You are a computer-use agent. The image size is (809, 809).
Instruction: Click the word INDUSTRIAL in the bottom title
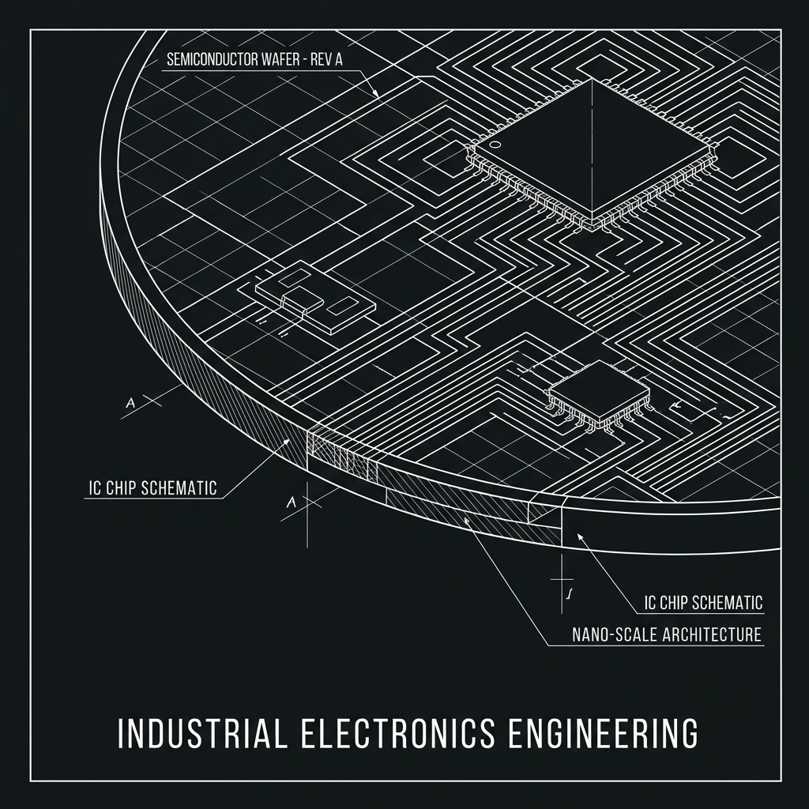click(201, 732)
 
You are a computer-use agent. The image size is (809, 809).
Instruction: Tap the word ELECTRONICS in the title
click(397, 732)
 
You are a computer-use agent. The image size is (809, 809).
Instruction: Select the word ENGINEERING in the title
click(603, 732)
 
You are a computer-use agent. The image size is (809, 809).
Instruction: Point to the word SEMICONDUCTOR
click(212, 59)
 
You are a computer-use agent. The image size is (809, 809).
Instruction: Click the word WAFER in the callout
click(279, 59)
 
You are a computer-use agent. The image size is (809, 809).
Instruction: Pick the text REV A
click(326, 59)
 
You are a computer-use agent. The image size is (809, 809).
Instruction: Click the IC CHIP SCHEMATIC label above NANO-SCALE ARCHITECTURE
click(704, 602)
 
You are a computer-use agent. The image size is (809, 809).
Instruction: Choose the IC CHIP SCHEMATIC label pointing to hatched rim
click(152, 487)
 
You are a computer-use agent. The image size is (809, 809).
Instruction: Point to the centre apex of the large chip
click(591, 80)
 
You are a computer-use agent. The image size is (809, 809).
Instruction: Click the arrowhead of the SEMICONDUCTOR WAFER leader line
click(376, 95)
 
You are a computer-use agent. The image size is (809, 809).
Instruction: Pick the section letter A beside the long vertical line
click(292, 502)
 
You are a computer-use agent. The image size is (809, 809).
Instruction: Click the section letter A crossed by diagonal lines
click(130, 403)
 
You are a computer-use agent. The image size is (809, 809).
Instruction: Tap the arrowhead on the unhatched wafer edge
click(581, 538)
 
